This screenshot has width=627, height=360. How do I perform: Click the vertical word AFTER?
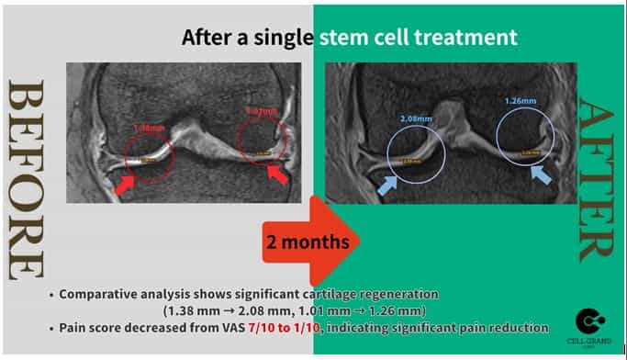(598, 179)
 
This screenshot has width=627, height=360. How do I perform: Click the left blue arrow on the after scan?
(386, 185)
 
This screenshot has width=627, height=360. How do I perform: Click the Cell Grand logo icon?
(589, 321)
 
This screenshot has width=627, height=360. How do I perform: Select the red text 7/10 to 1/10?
(296, 327)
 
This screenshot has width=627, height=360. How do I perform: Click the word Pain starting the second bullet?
(76, 327)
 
